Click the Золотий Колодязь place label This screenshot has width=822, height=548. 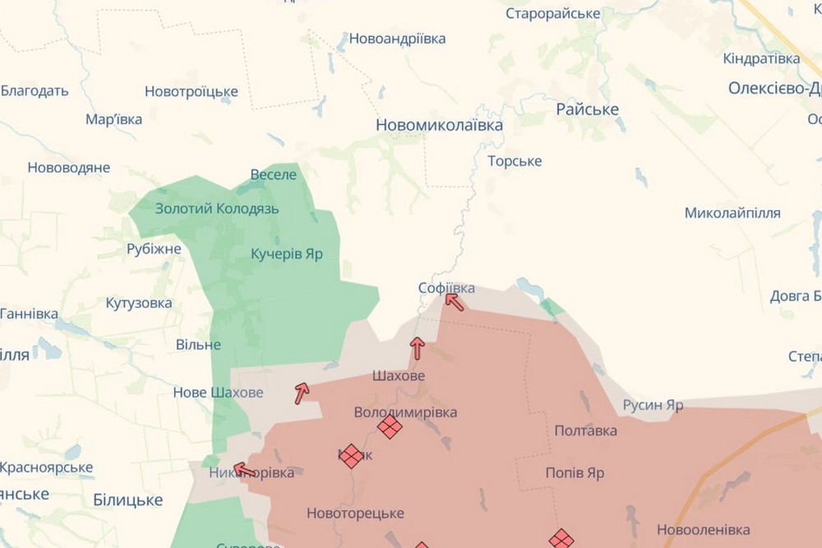[x=217, y=209]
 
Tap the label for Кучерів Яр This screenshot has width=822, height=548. [x=287, y=254]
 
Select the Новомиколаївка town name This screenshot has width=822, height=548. [x=439, y=125]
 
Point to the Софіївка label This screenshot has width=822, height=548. [x=446, y=288]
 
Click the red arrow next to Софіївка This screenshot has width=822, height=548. [x=455, y=302]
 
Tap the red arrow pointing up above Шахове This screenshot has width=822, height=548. [x=417, y=348]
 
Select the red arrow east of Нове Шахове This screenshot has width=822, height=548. [x=302, y=393]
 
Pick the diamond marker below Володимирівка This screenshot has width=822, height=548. [x=390, y=426]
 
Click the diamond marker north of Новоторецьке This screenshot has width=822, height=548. [x=352, y=456]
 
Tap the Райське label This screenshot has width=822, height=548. [x=588, y=109]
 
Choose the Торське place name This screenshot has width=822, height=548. [x=515, y=161]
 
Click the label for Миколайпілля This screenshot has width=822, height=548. [x=732, y=213]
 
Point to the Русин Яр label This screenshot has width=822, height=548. [x=653, y=405]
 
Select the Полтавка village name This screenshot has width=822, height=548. [x=586, y=431]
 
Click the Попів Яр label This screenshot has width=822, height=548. [x=575, y=473]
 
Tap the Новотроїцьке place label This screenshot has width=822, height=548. [x=192, y=91]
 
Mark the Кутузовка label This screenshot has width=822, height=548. [x=139, y=303]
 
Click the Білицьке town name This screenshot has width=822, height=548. [x=127, y=500]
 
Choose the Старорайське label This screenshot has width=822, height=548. [x=553, y=13]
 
